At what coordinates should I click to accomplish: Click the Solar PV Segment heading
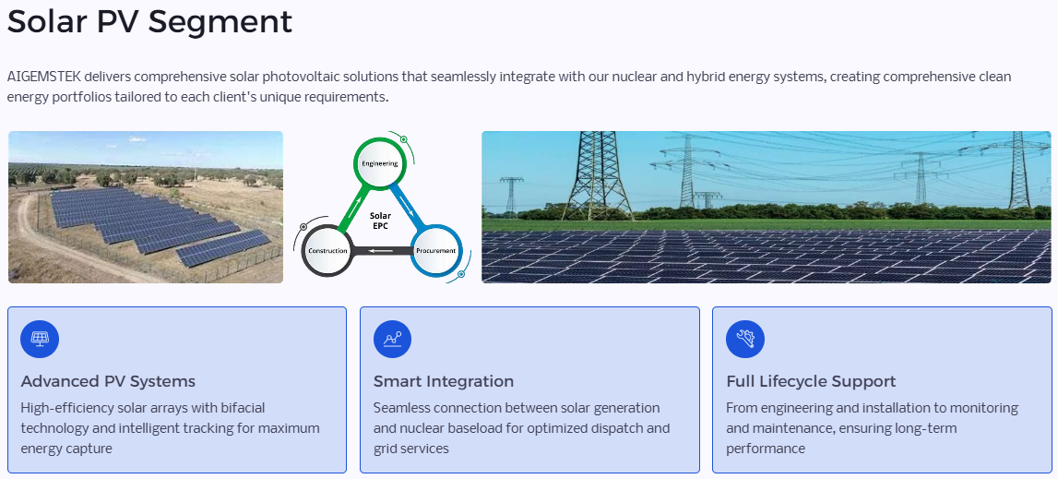coord(149,21)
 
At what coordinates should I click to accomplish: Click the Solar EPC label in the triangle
coord(381,221)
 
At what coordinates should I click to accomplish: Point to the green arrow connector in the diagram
coord(352,208)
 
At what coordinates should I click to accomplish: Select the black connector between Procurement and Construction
coord(381,251)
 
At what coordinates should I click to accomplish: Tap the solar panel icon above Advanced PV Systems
coord(40,339)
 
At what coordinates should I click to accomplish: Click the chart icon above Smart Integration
coord(392,339)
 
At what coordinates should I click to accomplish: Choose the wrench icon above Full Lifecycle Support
coord(745,339)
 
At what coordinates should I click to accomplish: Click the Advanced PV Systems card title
coord(108,382)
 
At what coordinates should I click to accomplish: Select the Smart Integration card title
coord(444,382)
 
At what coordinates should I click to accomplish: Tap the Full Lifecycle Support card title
coord(811,382)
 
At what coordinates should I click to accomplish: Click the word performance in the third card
coord(766,449)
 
